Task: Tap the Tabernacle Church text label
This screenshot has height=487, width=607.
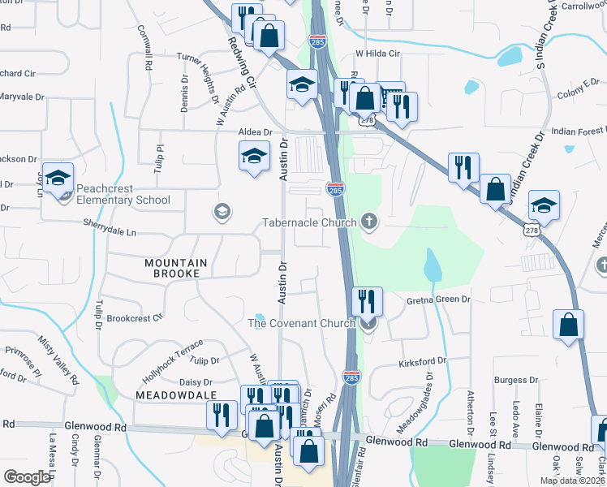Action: tap(309, 222)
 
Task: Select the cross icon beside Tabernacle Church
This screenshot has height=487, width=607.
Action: tap(369, 220)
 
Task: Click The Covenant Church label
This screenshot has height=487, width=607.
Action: tap(301, 323)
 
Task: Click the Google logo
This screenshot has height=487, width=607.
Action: tap(27, 477)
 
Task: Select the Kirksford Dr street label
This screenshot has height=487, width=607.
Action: tap(423, 360)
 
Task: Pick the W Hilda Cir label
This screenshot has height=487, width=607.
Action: tap(378, 54)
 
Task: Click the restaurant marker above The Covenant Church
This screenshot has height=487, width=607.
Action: tap(367, 301)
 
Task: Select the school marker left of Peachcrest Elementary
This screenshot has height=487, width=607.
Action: tap(58, 178)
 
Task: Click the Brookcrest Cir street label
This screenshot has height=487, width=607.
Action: tap(135, 318)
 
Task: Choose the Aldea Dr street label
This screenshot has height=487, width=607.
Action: tap(254, 131)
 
